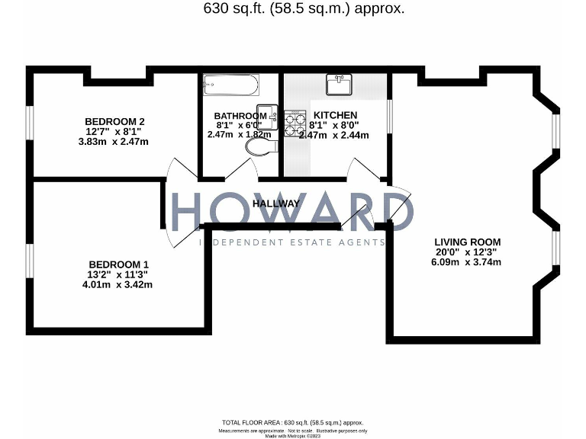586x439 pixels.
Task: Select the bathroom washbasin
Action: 266,112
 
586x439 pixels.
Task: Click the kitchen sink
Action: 337,84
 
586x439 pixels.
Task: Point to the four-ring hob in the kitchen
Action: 294,124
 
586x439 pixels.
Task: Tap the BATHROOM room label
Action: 240,116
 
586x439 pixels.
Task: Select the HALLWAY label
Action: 276,203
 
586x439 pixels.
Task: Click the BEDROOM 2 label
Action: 114,121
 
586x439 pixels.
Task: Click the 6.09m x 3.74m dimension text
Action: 466,262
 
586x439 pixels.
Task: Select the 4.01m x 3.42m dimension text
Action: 118,285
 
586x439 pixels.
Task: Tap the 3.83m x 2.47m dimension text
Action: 114,142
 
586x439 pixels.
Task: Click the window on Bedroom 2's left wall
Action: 30,123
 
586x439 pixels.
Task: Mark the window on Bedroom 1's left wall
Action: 30,261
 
